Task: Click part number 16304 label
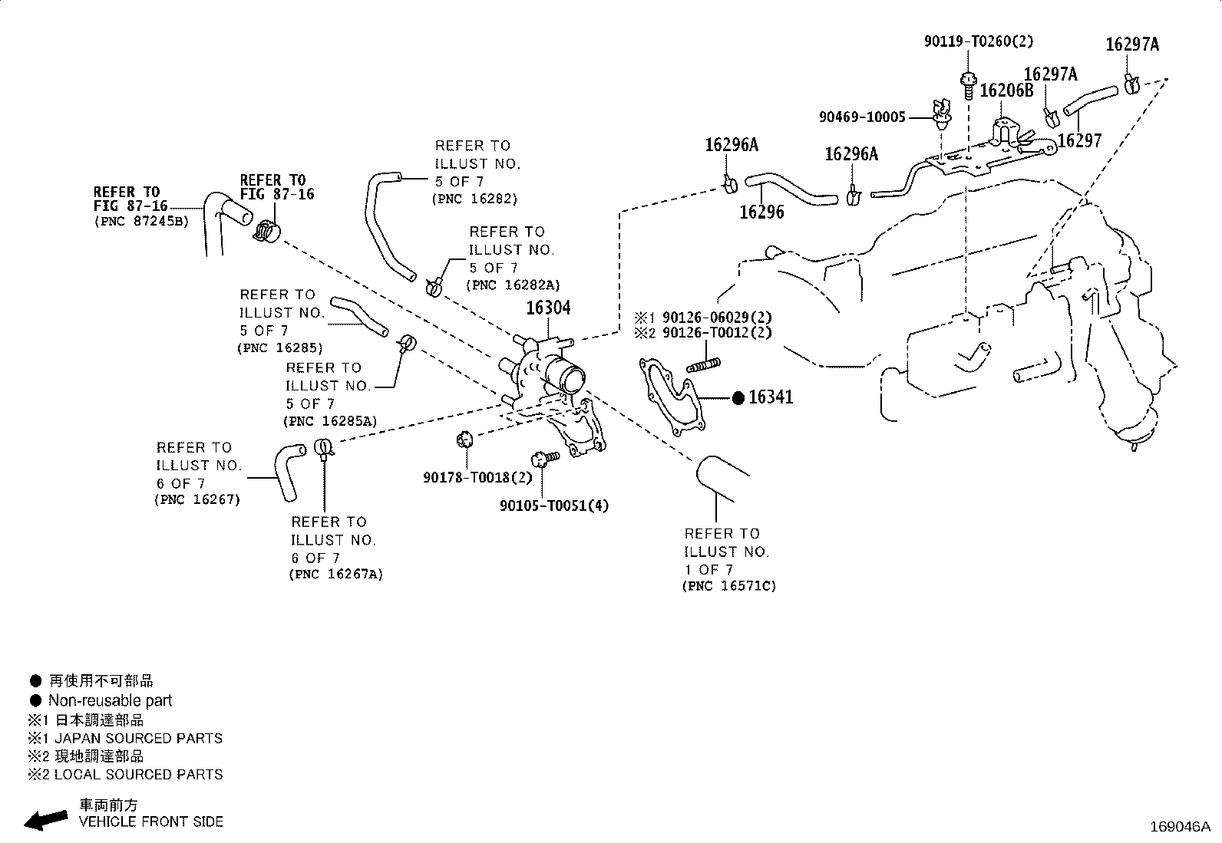click(x=548, y=308)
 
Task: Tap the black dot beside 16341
click(x=738, y=399)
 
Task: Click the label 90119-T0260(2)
click(x=979, y=41)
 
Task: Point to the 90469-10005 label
click(x=862, y=117)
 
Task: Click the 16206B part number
click(x=1006, y=91)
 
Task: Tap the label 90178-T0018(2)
click(x=477, y=478)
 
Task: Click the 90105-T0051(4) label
click(x=554, y=506)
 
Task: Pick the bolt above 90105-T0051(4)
click(x=545, y=459)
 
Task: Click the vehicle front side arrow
click(x=46, y=820)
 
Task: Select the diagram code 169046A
click(x=1180, y=827)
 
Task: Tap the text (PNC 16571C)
click(x=729, y=585)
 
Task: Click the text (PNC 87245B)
click(x=141, y=222)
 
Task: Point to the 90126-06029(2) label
click(x=717, y=317)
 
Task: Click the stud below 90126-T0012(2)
click(x=703, y=365)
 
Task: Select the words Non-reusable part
click(x=111, y=700)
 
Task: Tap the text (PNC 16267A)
click(x=336, y=575)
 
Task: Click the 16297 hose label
click(x=1080, y=140)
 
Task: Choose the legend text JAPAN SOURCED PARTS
click(x=139, y=739)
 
